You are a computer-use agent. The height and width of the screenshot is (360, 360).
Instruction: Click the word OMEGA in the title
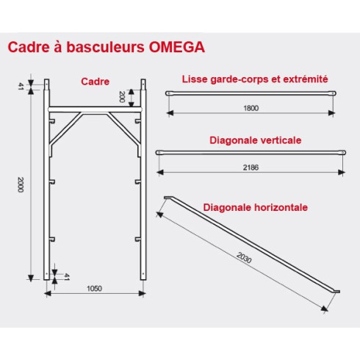177,47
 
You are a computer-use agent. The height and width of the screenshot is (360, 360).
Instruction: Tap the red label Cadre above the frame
95,82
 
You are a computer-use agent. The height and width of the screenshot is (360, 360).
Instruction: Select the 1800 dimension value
251,108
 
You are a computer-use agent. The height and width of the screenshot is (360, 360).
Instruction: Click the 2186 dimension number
251,168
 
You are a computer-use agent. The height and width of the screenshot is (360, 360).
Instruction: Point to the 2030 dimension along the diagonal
244,258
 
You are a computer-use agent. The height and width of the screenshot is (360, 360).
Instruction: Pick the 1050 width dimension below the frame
94,289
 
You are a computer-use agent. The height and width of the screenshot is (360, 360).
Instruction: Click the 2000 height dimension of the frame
21,184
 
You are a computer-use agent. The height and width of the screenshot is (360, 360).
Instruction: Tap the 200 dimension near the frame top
122,97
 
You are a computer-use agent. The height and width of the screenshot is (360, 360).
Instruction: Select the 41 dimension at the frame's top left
21,86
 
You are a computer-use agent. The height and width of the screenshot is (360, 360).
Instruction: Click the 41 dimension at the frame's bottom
67,277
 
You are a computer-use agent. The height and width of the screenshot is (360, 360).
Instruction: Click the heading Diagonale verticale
256,140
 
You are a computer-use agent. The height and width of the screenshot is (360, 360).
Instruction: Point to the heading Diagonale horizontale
256,207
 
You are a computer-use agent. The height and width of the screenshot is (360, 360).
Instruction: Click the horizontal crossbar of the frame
95,109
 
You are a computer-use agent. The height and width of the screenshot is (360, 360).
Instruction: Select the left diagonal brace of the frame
65,129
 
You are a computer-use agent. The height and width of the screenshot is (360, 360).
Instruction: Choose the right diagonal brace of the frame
124,129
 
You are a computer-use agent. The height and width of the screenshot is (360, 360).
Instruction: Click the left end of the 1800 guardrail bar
168,93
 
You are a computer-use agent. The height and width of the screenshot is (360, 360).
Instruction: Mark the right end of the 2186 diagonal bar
344,153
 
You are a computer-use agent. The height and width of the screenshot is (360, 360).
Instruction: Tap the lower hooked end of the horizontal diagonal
337,292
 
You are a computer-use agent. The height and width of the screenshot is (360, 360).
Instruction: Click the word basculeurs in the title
105,47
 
